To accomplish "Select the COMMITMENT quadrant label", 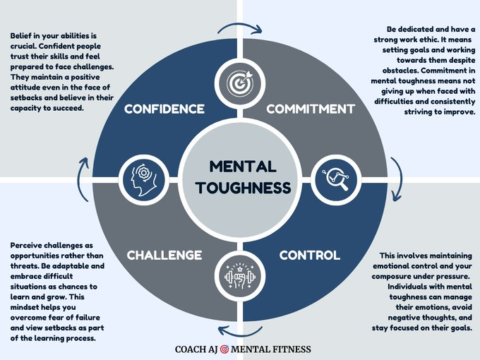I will coord(310,109).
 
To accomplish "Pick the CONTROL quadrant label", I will coord(309,255).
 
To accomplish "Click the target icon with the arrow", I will coord(239,81).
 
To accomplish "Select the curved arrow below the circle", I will coord(239,329).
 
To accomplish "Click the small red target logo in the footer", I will coord(224,349).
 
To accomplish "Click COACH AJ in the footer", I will coord(196,349).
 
